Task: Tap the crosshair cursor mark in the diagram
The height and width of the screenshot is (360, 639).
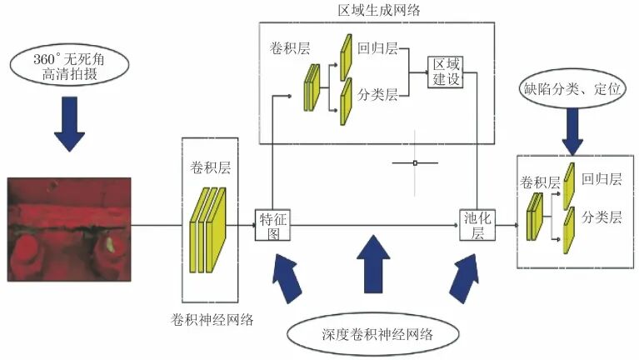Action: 414,163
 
